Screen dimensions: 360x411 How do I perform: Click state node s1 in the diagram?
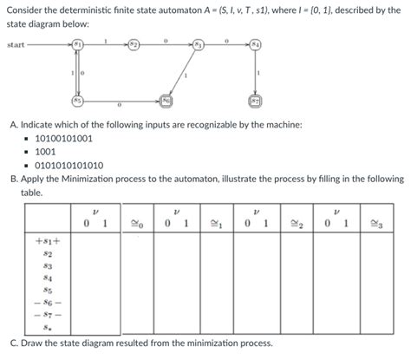tap(78, 43)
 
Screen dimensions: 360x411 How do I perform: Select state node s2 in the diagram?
tap(134, 44)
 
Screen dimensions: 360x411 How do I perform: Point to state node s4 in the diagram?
tap(255, 44)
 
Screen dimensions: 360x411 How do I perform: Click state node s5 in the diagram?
tap(78, 100)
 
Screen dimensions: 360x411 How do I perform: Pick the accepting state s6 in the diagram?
tap(165, 101)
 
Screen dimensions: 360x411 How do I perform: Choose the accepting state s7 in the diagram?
tap(255, 101)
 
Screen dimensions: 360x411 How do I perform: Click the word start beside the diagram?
tap(16, 44)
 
